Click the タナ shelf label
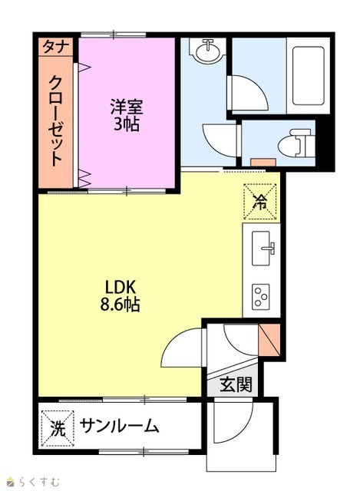55,47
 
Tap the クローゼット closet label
56,120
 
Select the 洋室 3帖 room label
127,115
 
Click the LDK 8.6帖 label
120,295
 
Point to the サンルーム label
120,426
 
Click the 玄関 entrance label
236,384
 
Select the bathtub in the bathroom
308,76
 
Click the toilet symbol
296,143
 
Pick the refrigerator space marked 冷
260,202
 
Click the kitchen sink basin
263,249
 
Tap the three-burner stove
261,296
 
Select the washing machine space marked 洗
58,428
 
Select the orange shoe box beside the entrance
269,340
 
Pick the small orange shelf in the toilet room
263,162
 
